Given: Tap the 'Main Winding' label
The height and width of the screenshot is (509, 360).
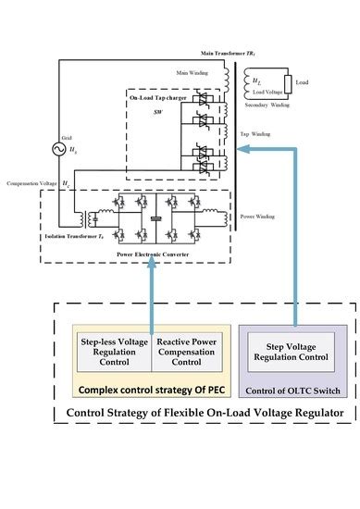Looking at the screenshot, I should pos(193,72).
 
